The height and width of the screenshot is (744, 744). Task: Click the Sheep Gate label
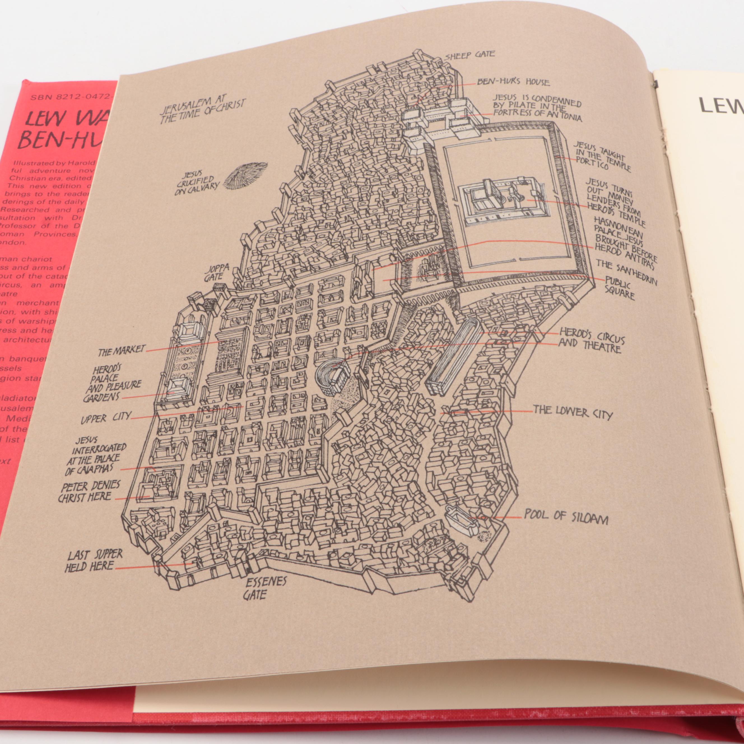point(469,55)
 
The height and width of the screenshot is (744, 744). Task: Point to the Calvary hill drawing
point(245,176)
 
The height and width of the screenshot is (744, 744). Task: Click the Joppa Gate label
point(218,272)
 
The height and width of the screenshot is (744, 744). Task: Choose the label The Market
point(121,350)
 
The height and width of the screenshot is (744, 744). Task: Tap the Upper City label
point(106,418)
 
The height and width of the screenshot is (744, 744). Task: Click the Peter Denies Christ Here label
point(89,492)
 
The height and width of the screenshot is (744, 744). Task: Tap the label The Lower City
point(572,413)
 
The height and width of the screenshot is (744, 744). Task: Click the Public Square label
point(619,288)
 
